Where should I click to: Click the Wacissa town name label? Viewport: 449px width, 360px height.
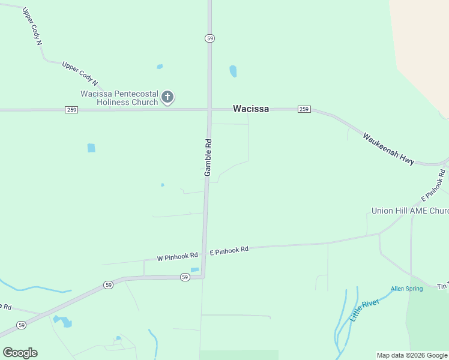[x=251, y=109]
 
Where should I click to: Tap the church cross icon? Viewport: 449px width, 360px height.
[x=168, y=97]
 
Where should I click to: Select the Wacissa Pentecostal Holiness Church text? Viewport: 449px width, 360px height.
[x=119, y=98]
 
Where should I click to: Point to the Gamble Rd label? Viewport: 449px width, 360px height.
[x=208, y=157]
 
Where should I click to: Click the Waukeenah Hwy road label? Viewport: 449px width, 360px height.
[x=388, y=148]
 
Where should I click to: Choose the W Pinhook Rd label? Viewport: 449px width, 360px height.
[x=177, y=257]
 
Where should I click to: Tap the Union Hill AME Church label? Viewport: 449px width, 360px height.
[x=410, y=211]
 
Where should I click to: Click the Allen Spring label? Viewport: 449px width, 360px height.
[x=406, y=289]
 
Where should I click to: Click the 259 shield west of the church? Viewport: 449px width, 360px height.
[x=71, y=110]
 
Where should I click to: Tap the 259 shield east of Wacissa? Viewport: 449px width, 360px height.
[x=304, y=109]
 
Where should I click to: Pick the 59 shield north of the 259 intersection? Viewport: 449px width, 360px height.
[x=209, y=38]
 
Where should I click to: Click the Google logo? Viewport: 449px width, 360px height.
[x=20, y=352]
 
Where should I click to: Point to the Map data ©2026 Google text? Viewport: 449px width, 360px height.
[x=412, y=355]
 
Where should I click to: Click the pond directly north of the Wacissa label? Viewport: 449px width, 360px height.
[x=233, y=71]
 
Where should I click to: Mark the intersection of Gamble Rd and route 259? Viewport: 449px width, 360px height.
[x=209, y=110]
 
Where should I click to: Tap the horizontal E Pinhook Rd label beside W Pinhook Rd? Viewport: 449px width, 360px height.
[x=229, y=250]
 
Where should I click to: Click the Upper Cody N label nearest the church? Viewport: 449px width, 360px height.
[x=79, y=75]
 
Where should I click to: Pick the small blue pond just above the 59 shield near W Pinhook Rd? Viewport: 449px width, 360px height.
[x=194, y=269]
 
